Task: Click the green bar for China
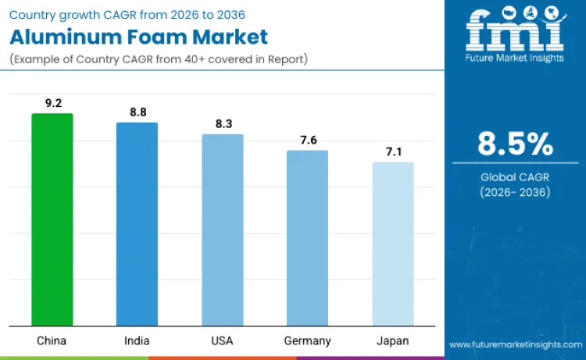point(52,219)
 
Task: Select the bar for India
point(137,224)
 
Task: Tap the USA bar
point(223,230)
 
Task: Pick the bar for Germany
point(307,238)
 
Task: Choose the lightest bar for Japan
point(392,244)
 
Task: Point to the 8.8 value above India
point(138,112)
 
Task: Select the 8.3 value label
point(223,123)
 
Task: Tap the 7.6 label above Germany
point(308,140)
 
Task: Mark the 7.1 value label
point(393,151)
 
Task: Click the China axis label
point(52,340)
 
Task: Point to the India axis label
point(137,340)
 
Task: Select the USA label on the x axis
point(223,340)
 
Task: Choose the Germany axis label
point(308,340)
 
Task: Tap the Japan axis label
point(393,340)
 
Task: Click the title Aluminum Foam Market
point(138,36)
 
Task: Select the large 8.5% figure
point(515,144)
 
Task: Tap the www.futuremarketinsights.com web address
point(515,344)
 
